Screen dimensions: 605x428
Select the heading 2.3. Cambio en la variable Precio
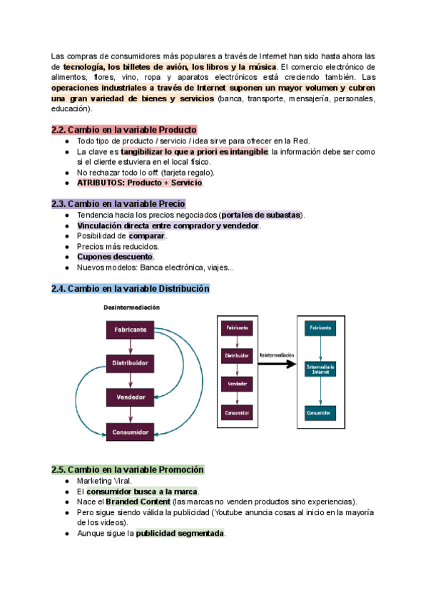[x=118, y=203]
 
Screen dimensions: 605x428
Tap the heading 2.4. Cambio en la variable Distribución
[x=131, y=288]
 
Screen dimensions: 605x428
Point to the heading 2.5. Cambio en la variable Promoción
[x=128, y=469]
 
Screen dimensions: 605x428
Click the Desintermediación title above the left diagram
[x=131, y=307]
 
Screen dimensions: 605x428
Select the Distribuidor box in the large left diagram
[x=129, y=363]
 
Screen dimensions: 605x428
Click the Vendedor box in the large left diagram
[x=129, y=397]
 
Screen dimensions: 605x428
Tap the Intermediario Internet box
[x=320, y=370]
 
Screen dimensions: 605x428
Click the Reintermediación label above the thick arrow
[x=277, y=354]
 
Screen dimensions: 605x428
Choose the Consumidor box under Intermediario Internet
[x=320, y=412]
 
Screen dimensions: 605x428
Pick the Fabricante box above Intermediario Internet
[x=320, y=328]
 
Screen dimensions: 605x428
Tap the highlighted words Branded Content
[x=138, y=502]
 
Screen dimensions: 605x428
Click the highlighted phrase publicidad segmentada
[x=180, y=533]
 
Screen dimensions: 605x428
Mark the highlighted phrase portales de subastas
[x=261, y=215]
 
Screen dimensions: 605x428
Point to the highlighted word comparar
[x=147, y=236]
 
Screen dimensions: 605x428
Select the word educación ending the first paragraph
[x=71, y=109]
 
